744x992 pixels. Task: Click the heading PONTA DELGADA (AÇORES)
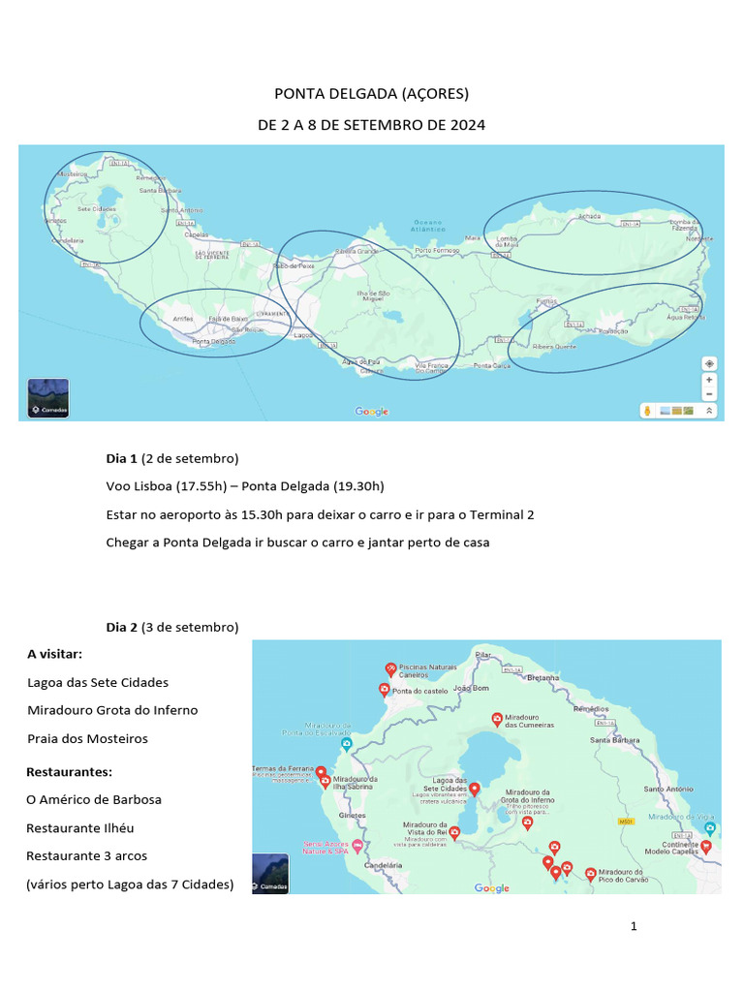[371, 94]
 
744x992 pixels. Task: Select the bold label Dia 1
[122, 458]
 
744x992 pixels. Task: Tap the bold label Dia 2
[122, 627]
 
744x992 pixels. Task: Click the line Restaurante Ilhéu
[80, 828]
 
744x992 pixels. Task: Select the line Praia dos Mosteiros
[88, 738]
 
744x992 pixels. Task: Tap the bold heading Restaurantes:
[70, 772]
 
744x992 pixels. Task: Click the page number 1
[634, 926]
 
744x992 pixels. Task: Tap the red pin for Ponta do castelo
[384, 690]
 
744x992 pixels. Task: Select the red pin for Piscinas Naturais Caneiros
[390, 667]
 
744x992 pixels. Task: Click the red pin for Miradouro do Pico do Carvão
[590, 874]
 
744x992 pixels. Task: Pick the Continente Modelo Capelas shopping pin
[706, 846]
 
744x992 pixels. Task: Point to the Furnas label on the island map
[547, 302]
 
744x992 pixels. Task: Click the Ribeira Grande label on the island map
[356, 251]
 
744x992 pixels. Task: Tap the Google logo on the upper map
[372, 412]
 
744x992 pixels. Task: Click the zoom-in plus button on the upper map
[709, 380]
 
